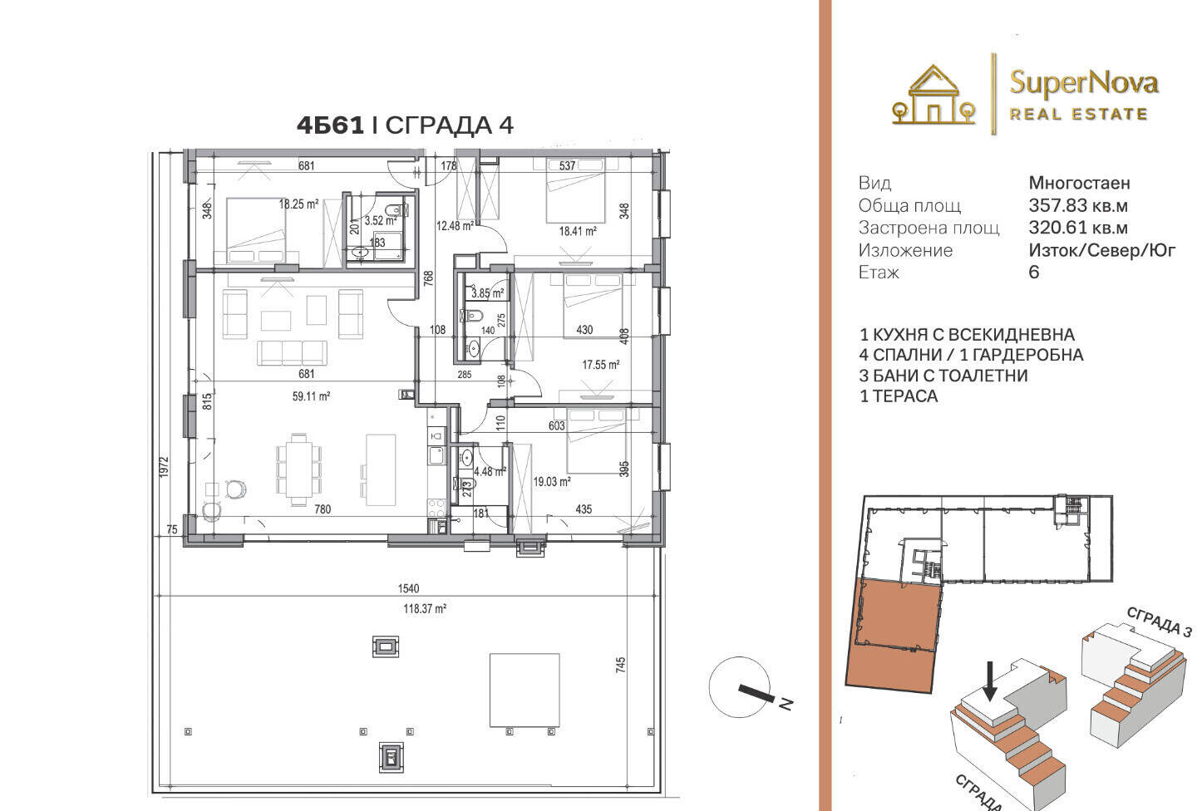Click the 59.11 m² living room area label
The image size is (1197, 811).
point(311,396)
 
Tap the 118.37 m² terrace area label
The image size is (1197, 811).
point(425,608)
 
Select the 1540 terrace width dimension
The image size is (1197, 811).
point(408,589)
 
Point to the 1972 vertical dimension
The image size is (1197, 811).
point(164,467)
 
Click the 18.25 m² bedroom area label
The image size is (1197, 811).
point(298,204)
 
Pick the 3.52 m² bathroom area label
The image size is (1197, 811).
point(381,221)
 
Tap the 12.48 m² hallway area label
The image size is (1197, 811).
point(455,226)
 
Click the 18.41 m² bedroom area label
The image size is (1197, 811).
point(578,231)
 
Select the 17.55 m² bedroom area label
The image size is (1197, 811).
point(601,365)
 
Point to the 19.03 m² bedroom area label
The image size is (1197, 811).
point(552,481)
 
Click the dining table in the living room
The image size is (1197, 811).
point(298,469)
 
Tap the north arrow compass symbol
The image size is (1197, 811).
point(744,687)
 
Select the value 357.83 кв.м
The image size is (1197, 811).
point(1078,206)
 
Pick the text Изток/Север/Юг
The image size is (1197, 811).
point(1102,250)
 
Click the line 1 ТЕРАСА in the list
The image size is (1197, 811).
point(899,396)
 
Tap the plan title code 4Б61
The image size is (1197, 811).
point(330,125)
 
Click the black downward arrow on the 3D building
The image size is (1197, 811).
point(990,681)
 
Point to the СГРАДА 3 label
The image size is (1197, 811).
point(1159,622)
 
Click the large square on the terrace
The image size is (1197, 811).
point(525,691)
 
